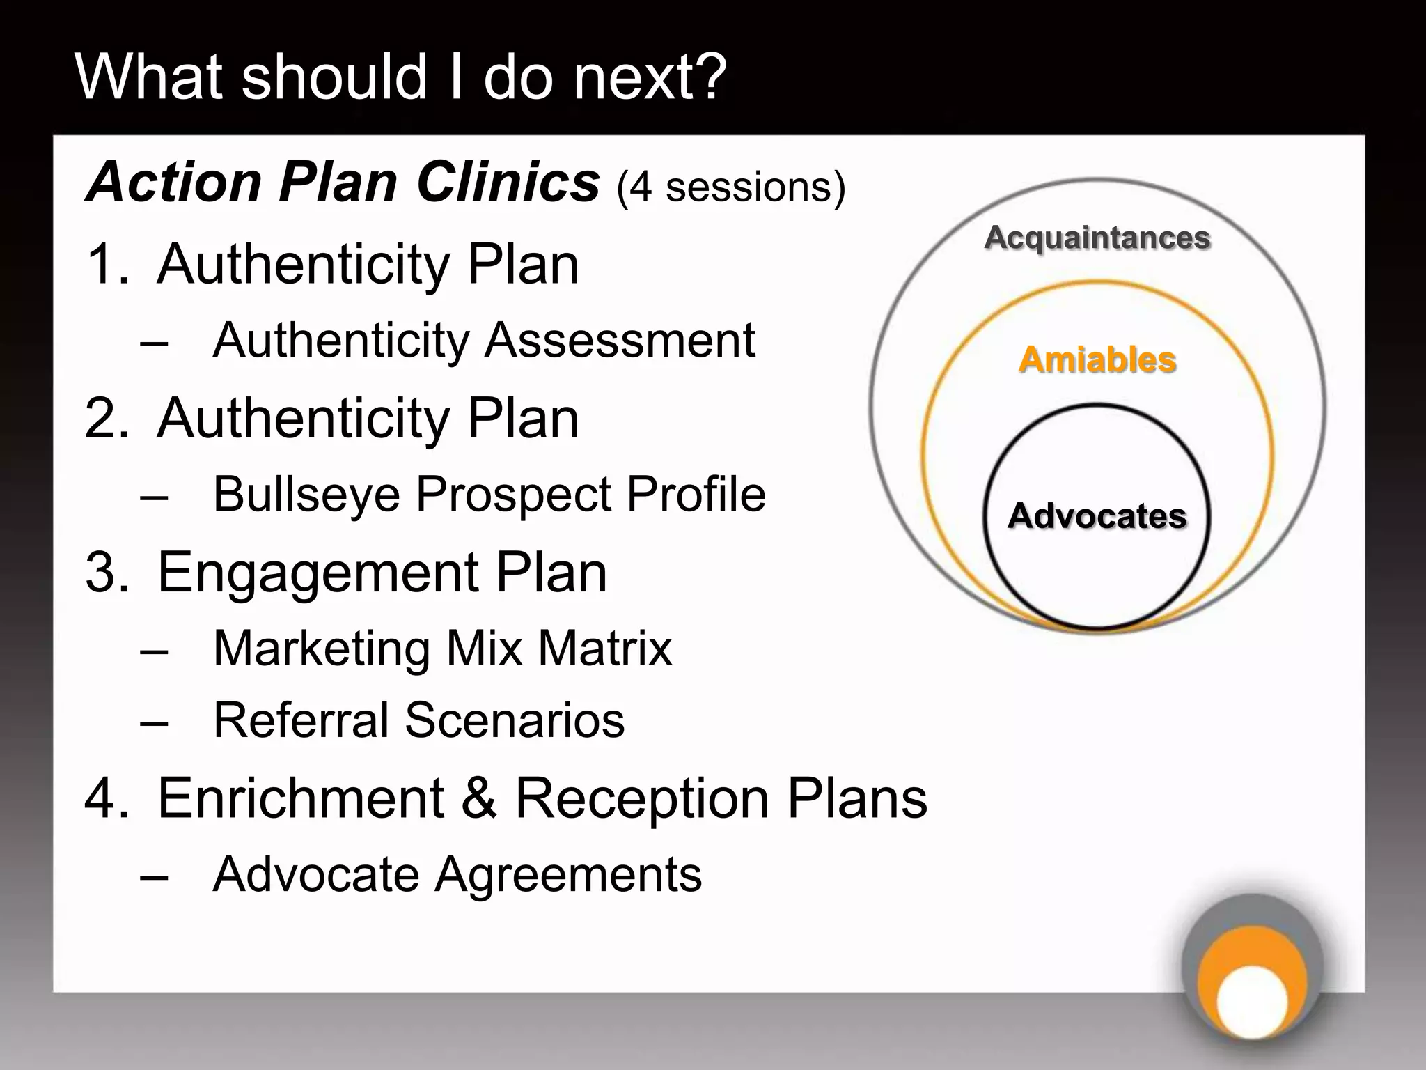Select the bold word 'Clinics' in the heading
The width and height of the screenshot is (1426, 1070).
pyautogui.click(x=508, y=183)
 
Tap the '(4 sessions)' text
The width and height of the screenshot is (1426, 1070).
pyautogui.click(x=731, y=187)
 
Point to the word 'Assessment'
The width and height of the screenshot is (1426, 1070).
pyautogui.click(x=620, y=341)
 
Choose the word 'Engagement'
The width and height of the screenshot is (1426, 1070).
pyautogui.click(x=318, y=573)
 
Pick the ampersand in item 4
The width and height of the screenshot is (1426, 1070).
pyautogui.click(x=479, y=798)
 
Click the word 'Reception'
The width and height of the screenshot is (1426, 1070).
pyautogui.click(x=641, y=798)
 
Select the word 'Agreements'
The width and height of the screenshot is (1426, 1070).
pyautogui.click(x=568, y=875)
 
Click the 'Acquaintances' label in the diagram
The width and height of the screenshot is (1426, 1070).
pyautogui.click(x=1097, y=238)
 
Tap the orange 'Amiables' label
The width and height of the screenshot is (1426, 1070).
pyautogui.click(x=1097, y=360)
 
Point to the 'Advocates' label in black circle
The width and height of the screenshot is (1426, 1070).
pyautogui.click(x=1097, y=516)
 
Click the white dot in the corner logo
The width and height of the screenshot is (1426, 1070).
pyautogui.click(x=1252, y=1002)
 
